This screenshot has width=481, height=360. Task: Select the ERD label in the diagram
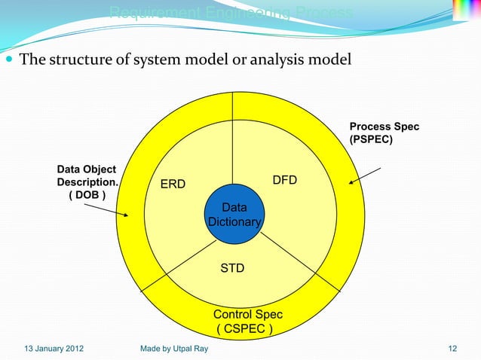[x=173, y=184]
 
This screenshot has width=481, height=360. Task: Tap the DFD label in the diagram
[x=284, y=180]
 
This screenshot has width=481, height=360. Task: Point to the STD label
[x=231, y=267]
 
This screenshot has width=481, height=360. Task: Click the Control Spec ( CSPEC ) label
[x=244, y=322]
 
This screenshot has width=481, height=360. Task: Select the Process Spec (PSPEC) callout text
[x=384, y=133]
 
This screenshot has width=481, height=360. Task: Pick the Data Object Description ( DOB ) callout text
[x=87, y=183]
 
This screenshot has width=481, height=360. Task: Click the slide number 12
[x=452, y=349]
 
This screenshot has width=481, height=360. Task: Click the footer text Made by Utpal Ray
[x=174, y=349]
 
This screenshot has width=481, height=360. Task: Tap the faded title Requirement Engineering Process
[x=230, y=13]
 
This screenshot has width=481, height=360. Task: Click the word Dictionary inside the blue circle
[x=234, y=222]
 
